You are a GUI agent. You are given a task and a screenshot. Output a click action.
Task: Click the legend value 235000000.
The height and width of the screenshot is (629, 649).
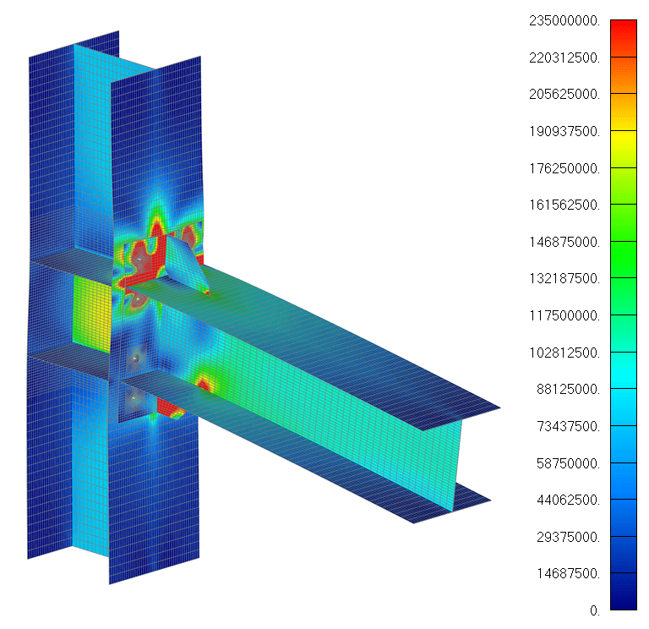point(564,20)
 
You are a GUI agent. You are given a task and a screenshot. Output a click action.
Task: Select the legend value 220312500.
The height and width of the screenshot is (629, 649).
point(564,57)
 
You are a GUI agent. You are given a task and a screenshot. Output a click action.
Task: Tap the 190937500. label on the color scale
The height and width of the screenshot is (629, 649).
point(564,131)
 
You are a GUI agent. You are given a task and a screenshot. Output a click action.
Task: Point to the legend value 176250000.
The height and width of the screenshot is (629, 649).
point(564,168)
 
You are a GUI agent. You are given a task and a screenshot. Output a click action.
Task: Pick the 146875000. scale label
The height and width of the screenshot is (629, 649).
point(564,242)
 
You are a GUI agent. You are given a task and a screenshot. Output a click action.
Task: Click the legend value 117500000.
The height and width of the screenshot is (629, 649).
point(564,315)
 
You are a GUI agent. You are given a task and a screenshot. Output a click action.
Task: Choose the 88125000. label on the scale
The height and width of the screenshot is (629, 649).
point(568,389)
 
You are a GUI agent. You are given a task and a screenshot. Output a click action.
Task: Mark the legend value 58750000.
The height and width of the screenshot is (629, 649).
point(568,463)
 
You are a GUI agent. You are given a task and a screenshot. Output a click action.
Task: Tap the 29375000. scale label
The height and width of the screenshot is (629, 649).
point(568,537)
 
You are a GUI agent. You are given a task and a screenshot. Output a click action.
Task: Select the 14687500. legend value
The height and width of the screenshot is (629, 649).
point(568,573)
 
